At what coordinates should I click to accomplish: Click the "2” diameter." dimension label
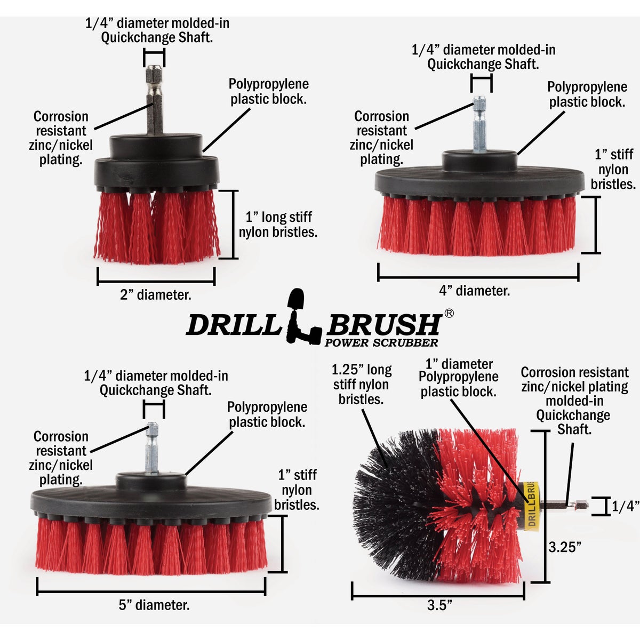pyautogui.click(x=155, y=294)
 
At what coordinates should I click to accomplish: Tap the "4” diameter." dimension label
pyautogui.click(x=474, y=291)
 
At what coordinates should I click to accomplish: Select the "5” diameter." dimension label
pyautogui.click(x=154, y=605)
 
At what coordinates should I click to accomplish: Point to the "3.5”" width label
pyautogui.click(x=439, y=605)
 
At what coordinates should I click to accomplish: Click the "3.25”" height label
pyautogui.click(x=565, y=547)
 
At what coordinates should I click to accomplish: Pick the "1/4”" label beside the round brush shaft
pyautogui.click(x=625, y=506)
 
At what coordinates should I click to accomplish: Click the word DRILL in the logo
pyautogui.click(x=233, y=325)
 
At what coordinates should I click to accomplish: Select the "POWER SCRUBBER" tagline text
pyautogui.click(x=381, y=343)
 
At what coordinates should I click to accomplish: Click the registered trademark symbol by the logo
pyautogui.click(x=449, y=314)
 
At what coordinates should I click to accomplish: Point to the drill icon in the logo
pyautogui.click(x=303, y=317)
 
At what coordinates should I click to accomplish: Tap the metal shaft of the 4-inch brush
pyautogui.click(x=479, y=125)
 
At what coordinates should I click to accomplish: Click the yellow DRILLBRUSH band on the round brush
pyautogui.click(x=532, y=505)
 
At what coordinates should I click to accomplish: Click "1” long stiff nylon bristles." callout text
pyautogui.click(x=278, y=225)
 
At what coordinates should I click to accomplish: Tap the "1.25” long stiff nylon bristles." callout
pyautogui.click(x=361, y=384)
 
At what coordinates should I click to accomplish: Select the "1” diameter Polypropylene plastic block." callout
pyautogui.click(x=458, y=378)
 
